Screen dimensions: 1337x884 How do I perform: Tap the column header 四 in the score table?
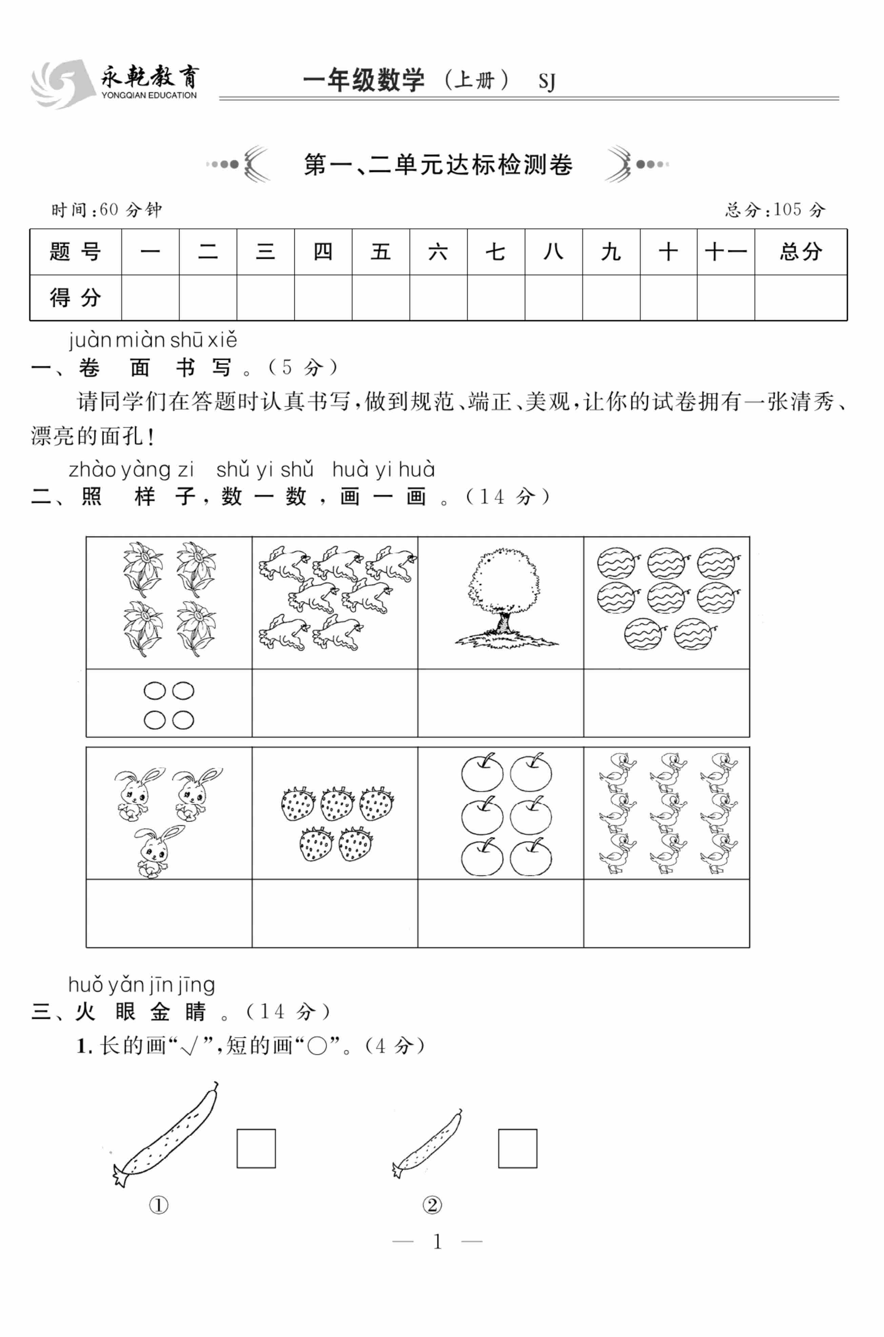[x=323, y=252]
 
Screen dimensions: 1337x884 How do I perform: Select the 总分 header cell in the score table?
[x=801, y=252]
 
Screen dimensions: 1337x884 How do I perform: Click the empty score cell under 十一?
[x=726, y=298]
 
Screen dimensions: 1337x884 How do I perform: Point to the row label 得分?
[x=76, y=298]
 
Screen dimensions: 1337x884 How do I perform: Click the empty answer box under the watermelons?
[x=666, y=703]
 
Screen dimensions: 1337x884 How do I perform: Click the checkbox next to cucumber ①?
[x=256, y=1148]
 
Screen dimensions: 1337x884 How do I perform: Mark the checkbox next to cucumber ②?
[x=518, y=1148]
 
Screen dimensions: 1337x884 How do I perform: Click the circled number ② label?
[x=432, y=1205]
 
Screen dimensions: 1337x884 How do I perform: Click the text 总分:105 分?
[x=775, y=210]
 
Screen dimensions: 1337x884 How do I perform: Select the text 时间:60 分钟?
[x=106, y=210]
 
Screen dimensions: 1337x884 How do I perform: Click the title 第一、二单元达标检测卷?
[x=438, y=165]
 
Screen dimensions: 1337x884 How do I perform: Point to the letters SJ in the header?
[x=547, y=82]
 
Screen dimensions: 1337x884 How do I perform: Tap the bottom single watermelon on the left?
[x=643, y=634]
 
